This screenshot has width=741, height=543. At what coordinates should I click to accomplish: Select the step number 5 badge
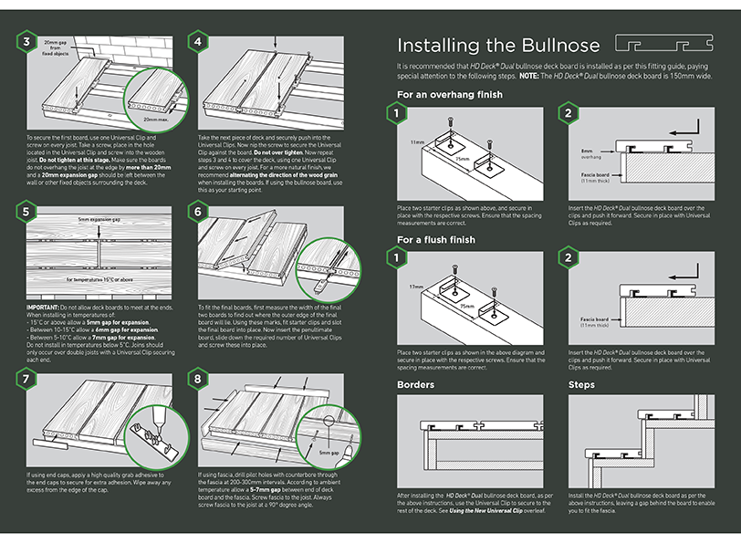[x=28, y=211]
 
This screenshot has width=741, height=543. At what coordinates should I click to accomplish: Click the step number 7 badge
[x=28, y=378]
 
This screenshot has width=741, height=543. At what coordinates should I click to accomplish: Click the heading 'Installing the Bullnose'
[x=497, y=45]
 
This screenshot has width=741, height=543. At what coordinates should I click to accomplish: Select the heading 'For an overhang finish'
[x=449, y=95]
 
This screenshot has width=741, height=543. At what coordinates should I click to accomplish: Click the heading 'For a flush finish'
[x=436, y=240]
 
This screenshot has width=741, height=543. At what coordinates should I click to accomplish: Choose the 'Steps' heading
[x=581, y=385]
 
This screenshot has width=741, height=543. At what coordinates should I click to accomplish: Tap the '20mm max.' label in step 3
[x=155, y=120]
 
